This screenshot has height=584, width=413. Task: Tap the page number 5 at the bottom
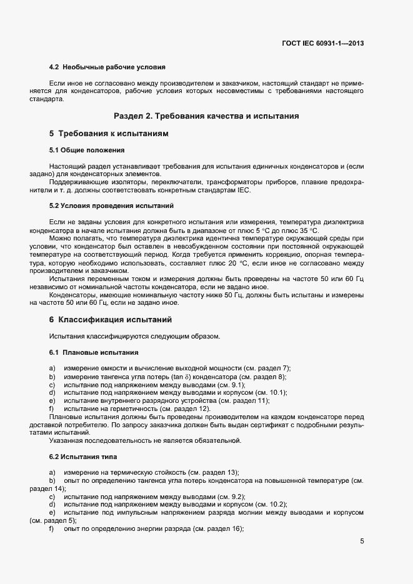pos(362,541)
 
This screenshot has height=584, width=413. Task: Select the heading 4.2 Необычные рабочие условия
pos(107,66)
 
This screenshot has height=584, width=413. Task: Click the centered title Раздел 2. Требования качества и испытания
pos(206,116)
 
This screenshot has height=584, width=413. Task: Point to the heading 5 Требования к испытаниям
pos(109,134)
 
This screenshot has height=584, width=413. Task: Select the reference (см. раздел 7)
pos(264,369)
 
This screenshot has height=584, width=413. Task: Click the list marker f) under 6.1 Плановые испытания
pos(52,408)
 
